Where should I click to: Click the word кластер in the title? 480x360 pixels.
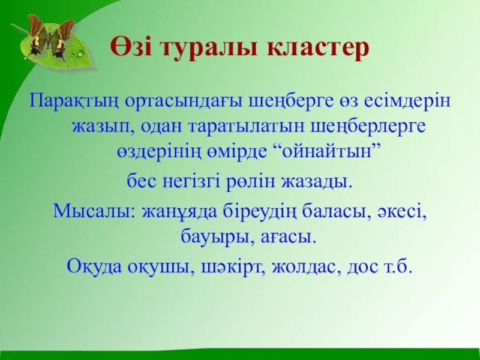pyautogui.click(x=318, y=48)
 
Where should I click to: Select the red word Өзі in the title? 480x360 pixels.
pyautogui.click(x=131, y=47)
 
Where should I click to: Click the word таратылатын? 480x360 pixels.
pyautogui.click(x=246, y=127)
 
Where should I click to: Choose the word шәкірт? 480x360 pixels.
pyautogui.click(x=233, y=266)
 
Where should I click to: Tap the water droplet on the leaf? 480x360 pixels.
pyautogui.click(x=82, y=54)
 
